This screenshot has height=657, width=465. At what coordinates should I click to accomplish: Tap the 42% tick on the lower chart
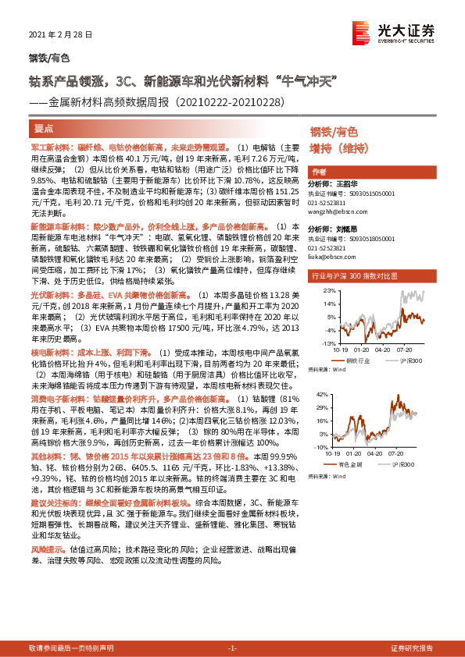click(x=330, y=396)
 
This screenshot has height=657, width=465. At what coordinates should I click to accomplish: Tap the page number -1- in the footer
click(x=232, y=648)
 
